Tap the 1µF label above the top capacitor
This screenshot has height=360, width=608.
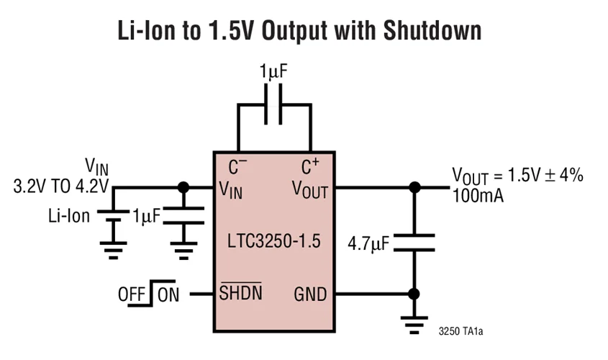[x=274, y=72]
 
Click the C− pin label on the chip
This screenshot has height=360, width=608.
[x=238, y=168]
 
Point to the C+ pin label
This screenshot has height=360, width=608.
[x=310, y=168]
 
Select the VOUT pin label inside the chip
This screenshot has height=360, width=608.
[x=310, y=189]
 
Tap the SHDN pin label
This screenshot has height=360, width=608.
[x=240, y=294]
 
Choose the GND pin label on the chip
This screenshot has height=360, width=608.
[x=310, y=294]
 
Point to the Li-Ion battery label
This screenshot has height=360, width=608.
[x=69, y=215]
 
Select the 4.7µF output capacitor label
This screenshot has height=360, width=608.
[x=368, y=243]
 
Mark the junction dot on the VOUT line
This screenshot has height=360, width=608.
[x=414, y=188]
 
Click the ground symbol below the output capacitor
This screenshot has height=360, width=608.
[x=414, y=325]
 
